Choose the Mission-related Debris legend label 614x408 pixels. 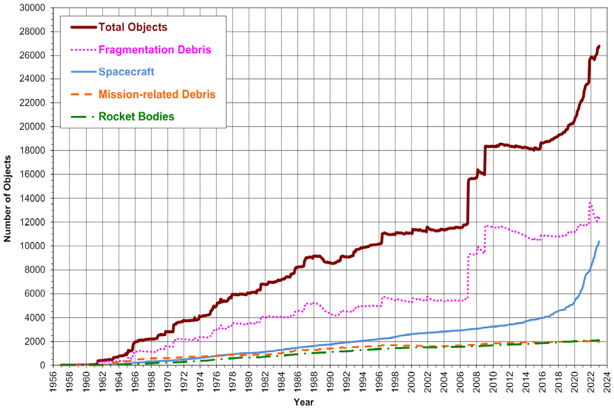[157, 95]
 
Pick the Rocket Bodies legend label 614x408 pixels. [136, 117]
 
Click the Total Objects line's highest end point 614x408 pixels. [599, 46]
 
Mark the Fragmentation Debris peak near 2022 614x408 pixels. [590, 202]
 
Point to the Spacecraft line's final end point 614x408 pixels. [599, 241]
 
